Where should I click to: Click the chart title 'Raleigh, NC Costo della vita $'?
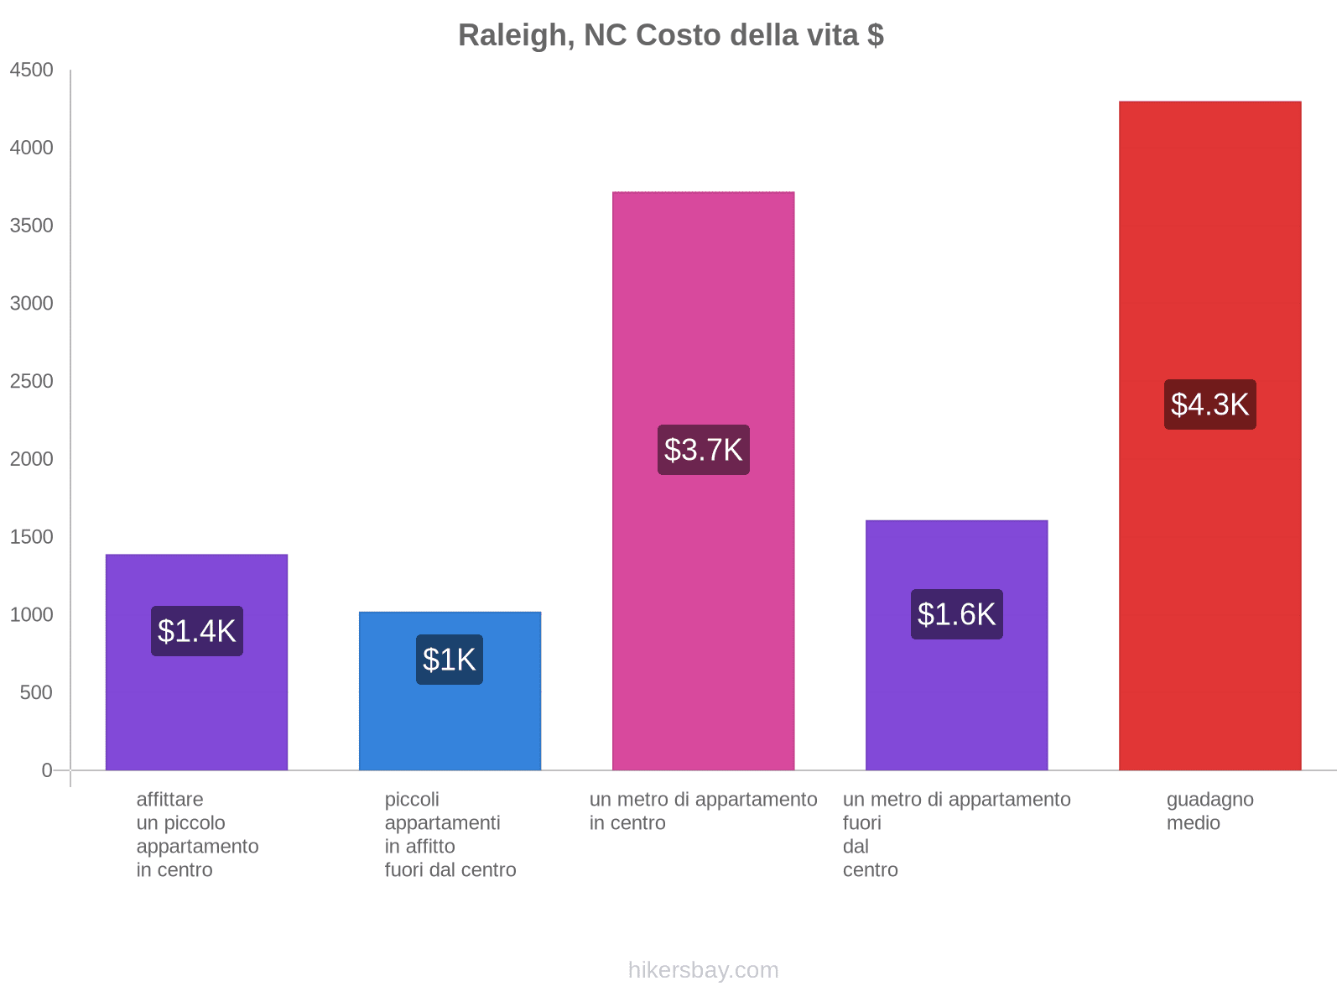click(670, 35)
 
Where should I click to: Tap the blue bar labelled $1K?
click(450, 722)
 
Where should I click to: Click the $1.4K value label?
click(197, 631)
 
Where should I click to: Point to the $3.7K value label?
click(703, 450)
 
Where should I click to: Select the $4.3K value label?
click(1209, 404)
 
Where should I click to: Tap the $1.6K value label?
click(956, 614)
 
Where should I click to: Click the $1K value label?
click(450, 660)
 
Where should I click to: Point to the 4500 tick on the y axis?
click(31, 70)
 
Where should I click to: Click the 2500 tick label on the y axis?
click(31, 382)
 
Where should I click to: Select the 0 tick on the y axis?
click(47, 770)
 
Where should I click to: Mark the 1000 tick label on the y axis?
click(31, 615)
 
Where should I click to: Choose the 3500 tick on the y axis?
click(31, 226)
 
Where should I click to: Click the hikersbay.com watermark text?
click(703, 970)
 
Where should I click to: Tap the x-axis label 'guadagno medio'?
click(1209, 811)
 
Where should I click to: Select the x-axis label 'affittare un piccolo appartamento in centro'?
click(197, 834)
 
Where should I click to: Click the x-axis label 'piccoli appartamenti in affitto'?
click(450, 834)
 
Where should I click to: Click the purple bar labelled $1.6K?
click(956, 705)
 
